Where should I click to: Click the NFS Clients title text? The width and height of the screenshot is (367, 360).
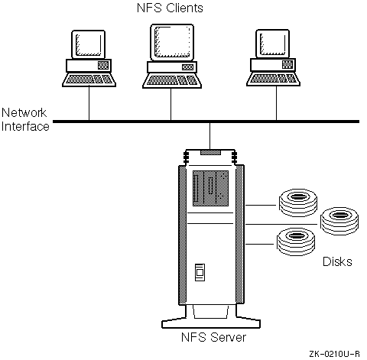click(x=170, y=8)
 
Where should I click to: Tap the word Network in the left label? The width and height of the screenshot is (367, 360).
click(x=24, y=112)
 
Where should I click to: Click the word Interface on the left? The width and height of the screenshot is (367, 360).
click(x=25, y=126)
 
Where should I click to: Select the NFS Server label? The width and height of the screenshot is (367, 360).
click(x=213, y=337)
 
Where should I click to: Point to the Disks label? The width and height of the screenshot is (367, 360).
click(x=337, y=261)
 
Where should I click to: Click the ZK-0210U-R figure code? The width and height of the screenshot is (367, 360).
click(x=334, y=354)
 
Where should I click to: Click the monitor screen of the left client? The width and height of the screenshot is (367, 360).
click(x=88, y=44)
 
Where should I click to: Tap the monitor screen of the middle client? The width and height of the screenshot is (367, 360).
click(x=172, y=42)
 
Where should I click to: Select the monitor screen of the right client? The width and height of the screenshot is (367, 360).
click(x=272, y=44)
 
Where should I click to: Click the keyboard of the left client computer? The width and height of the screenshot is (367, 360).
click(x=89, y=80)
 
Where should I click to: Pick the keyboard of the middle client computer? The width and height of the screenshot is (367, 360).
click(x=172, y=81)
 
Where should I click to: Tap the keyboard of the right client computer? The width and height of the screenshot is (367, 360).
click(x=273, y=79)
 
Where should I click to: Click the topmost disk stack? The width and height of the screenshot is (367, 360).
click(x=298, y=203)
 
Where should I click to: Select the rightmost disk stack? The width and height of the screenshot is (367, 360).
click(x=339, y=221)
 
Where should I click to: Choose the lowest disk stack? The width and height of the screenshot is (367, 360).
click(x=296, y=242)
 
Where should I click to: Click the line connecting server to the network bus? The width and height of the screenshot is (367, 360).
click(x=209, y=136)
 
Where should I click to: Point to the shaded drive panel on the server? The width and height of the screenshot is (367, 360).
click(x=210, y=188)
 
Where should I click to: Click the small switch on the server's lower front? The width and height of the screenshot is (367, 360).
click(x=200, y=272)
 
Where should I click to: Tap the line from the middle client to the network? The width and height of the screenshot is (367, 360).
click(x=171, y=104)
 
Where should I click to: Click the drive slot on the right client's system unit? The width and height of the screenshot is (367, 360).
click(x=287, y=64)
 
